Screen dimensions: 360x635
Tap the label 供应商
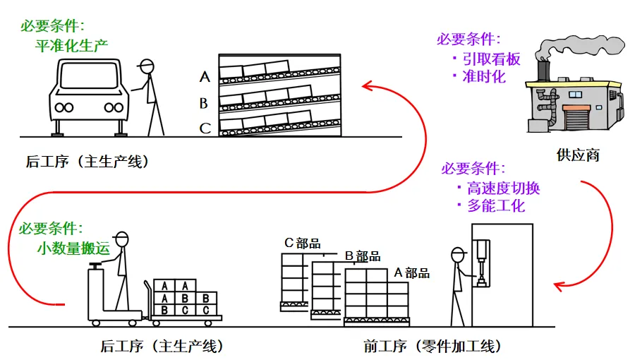click(578, 155)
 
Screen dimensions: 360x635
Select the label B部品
click(362, 256)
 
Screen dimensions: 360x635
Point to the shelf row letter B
click(204, 104)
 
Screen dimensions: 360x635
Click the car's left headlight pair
click(64, 107)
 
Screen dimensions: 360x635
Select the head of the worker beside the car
click(147, 67)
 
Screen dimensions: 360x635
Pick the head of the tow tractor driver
click(123, 239)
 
